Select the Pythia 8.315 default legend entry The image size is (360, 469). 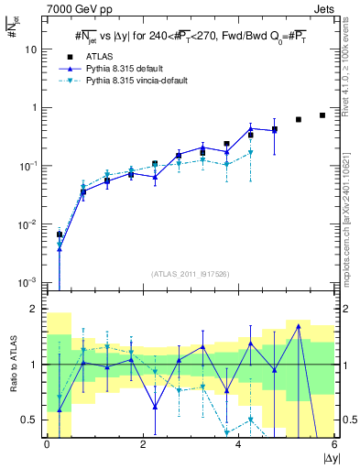point(127,68)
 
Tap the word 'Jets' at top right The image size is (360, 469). point(321,8)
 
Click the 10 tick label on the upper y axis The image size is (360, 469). point(31,49)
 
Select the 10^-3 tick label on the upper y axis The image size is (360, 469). point(29,283)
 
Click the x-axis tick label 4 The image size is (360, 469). point(238,444)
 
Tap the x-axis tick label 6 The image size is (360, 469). point(334,444)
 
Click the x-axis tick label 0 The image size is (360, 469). point(47,444)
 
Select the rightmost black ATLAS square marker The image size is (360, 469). point(322,115)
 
